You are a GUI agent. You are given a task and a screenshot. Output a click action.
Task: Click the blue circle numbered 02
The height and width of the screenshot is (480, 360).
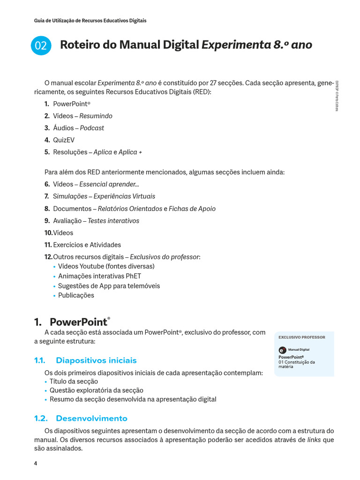coord(41,45)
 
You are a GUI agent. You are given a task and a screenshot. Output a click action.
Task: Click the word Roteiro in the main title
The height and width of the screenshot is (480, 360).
coord(77,45)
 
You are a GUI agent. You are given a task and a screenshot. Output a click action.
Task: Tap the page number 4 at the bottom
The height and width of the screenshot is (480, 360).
coord(36,464)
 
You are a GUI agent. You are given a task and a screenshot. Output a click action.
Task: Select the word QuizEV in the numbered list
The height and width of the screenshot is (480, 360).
coord(64,140)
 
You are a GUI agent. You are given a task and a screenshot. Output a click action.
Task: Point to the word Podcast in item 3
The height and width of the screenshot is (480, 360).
coord(92,128)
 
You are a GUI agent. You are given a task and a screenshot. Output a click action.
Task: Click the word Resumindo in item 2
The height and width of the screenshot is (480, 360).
coord(96,116)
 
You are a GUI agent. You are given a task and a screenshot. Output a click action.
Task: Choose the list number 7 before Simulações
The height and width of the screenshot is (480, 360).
coord(47,196)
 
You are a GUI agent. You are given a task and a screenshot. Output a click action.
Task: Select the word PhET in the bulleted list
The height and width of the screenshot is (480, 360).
coord(133,276)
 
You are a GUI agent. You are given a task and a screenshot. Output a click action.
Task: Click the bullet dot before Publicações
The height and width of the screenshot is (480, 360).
coord(55,296)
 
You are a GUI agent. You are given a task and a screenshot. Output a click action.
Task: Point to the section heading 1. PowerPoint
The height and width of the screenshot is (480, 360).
coord(72,322)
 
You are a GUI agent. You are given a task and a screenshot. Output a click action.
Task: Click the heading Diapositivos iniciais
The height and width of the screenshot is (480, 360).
coord(96,360)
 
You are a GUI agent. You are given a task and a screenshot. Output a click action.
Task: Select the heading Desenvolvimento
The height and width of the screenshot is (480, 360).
coord(91,418)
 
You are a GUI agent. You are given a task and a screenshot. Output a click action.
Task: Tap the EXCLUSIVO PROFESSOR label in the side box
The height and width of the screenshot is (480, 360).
coord(302,337)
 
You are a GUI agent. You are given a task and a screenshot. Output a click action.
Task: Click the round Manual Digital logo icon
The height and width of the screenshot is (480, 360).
coord(282,350)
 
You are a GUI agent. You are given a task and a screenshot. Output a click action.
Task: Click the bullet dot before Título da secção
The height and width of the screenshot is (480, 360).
coord(46,382)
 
